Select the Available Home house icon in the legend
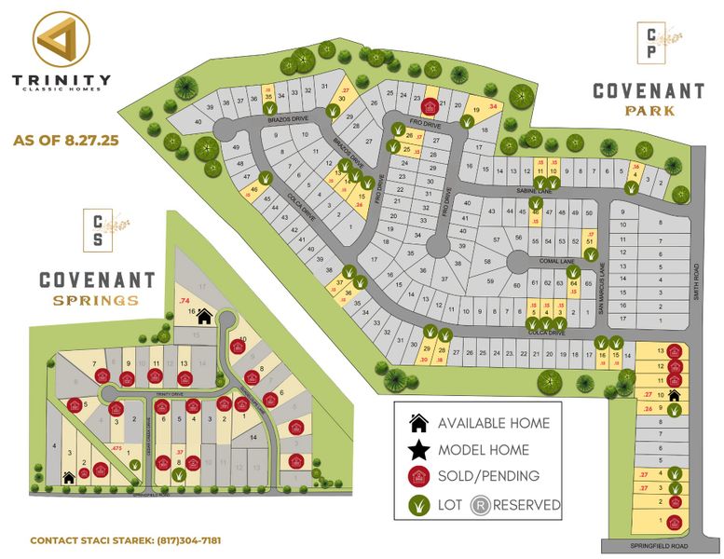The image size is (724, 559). click(418, 423)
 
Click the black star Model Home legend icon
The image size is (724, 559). click(418, 450)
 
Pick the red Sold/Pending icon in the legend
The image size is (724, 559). click(418, 476)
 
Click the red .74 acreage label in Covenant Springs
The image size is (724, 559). click(184, 301)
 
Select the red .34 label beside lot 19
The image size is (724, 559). click(493, 105)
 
